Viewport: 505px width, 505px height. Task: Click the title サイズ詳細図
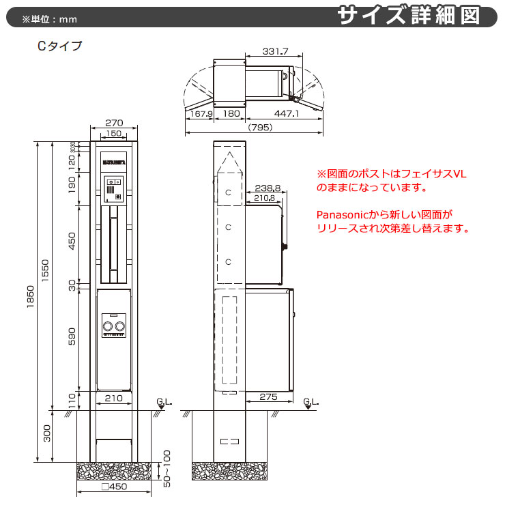click(418, 16)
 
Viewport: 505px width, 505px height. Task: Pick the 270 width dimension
click(114, 123)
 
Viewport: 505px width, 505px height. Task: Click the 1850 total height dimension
click(30, 301)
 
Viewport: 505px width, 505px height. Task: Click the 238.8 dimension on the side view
click(268, 187)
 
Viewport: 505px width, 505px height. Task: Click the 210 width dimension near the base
click(113, 397)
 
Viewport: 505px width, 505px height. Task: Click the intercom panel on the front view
click(113, 189)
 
